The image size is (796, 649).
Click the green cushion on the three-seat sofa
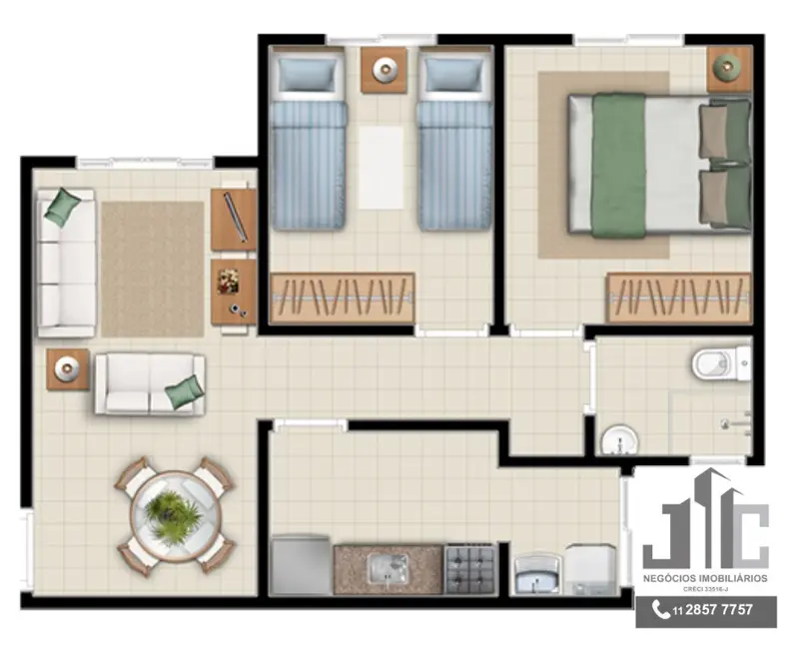pos(62,207)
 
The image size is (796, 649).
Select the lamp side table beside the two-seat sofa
pos(67,369)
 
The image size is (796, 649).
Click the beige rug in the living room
pos(152,269)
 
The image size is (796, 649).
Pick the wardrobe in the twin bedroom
pos(343,297)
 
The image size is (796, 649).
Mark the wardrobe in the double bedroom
pos(678,297)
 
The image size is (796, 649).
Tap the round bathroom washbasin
pos(619,439)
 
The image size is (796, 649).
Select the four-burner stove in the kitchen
pos(469,569)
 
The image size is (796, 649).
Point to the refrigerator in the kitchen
pos(301,566)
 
